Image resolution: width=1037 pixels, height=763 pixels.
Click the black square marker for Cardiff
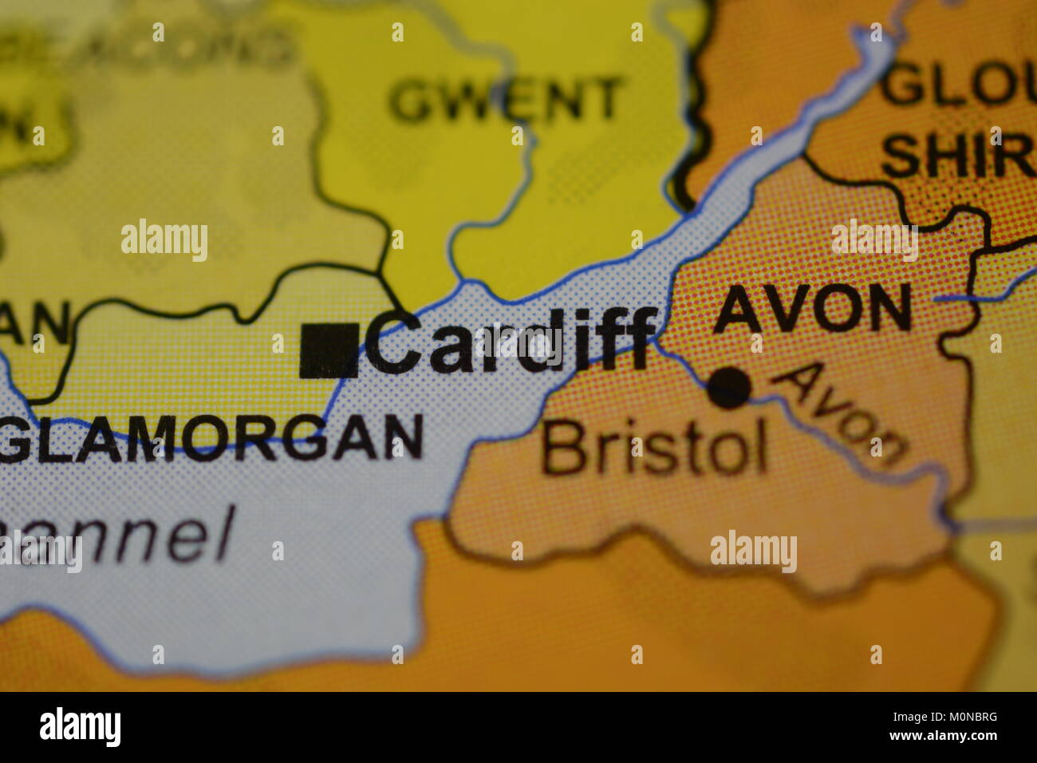328,350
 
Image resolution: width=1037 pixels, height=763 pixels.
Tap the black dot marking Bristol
729,388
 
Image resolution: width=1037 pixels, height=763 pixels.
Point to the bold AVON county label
812,308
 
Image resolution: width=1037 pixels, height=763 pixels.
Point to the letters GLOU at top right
957,86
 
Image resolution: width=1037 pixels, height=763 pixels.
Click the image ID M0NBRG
965,717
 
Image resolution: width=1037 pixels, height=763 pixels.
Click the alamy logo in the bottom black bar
80,727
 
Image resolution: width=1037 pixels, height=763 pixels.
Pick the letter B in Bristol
560,448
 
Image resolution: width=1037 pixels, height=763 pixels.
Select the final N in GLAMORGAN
403,437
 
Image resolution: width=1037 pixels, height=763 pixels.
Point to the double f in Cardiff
630,340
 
